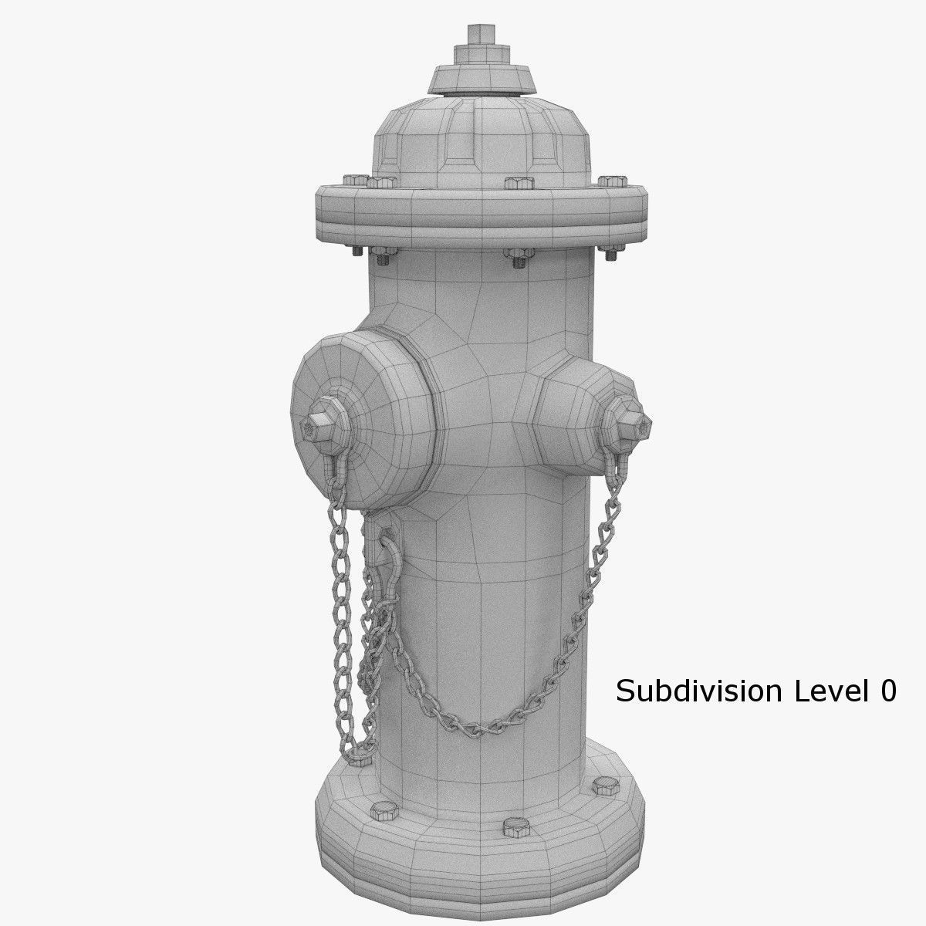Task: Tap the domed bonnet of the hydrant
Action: [484, 139]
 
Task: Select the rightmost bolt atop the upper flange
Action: [612, 181]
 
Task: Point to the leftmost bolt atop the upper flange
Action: [356, 181]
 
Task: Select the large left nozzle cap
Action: [363, 417]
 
